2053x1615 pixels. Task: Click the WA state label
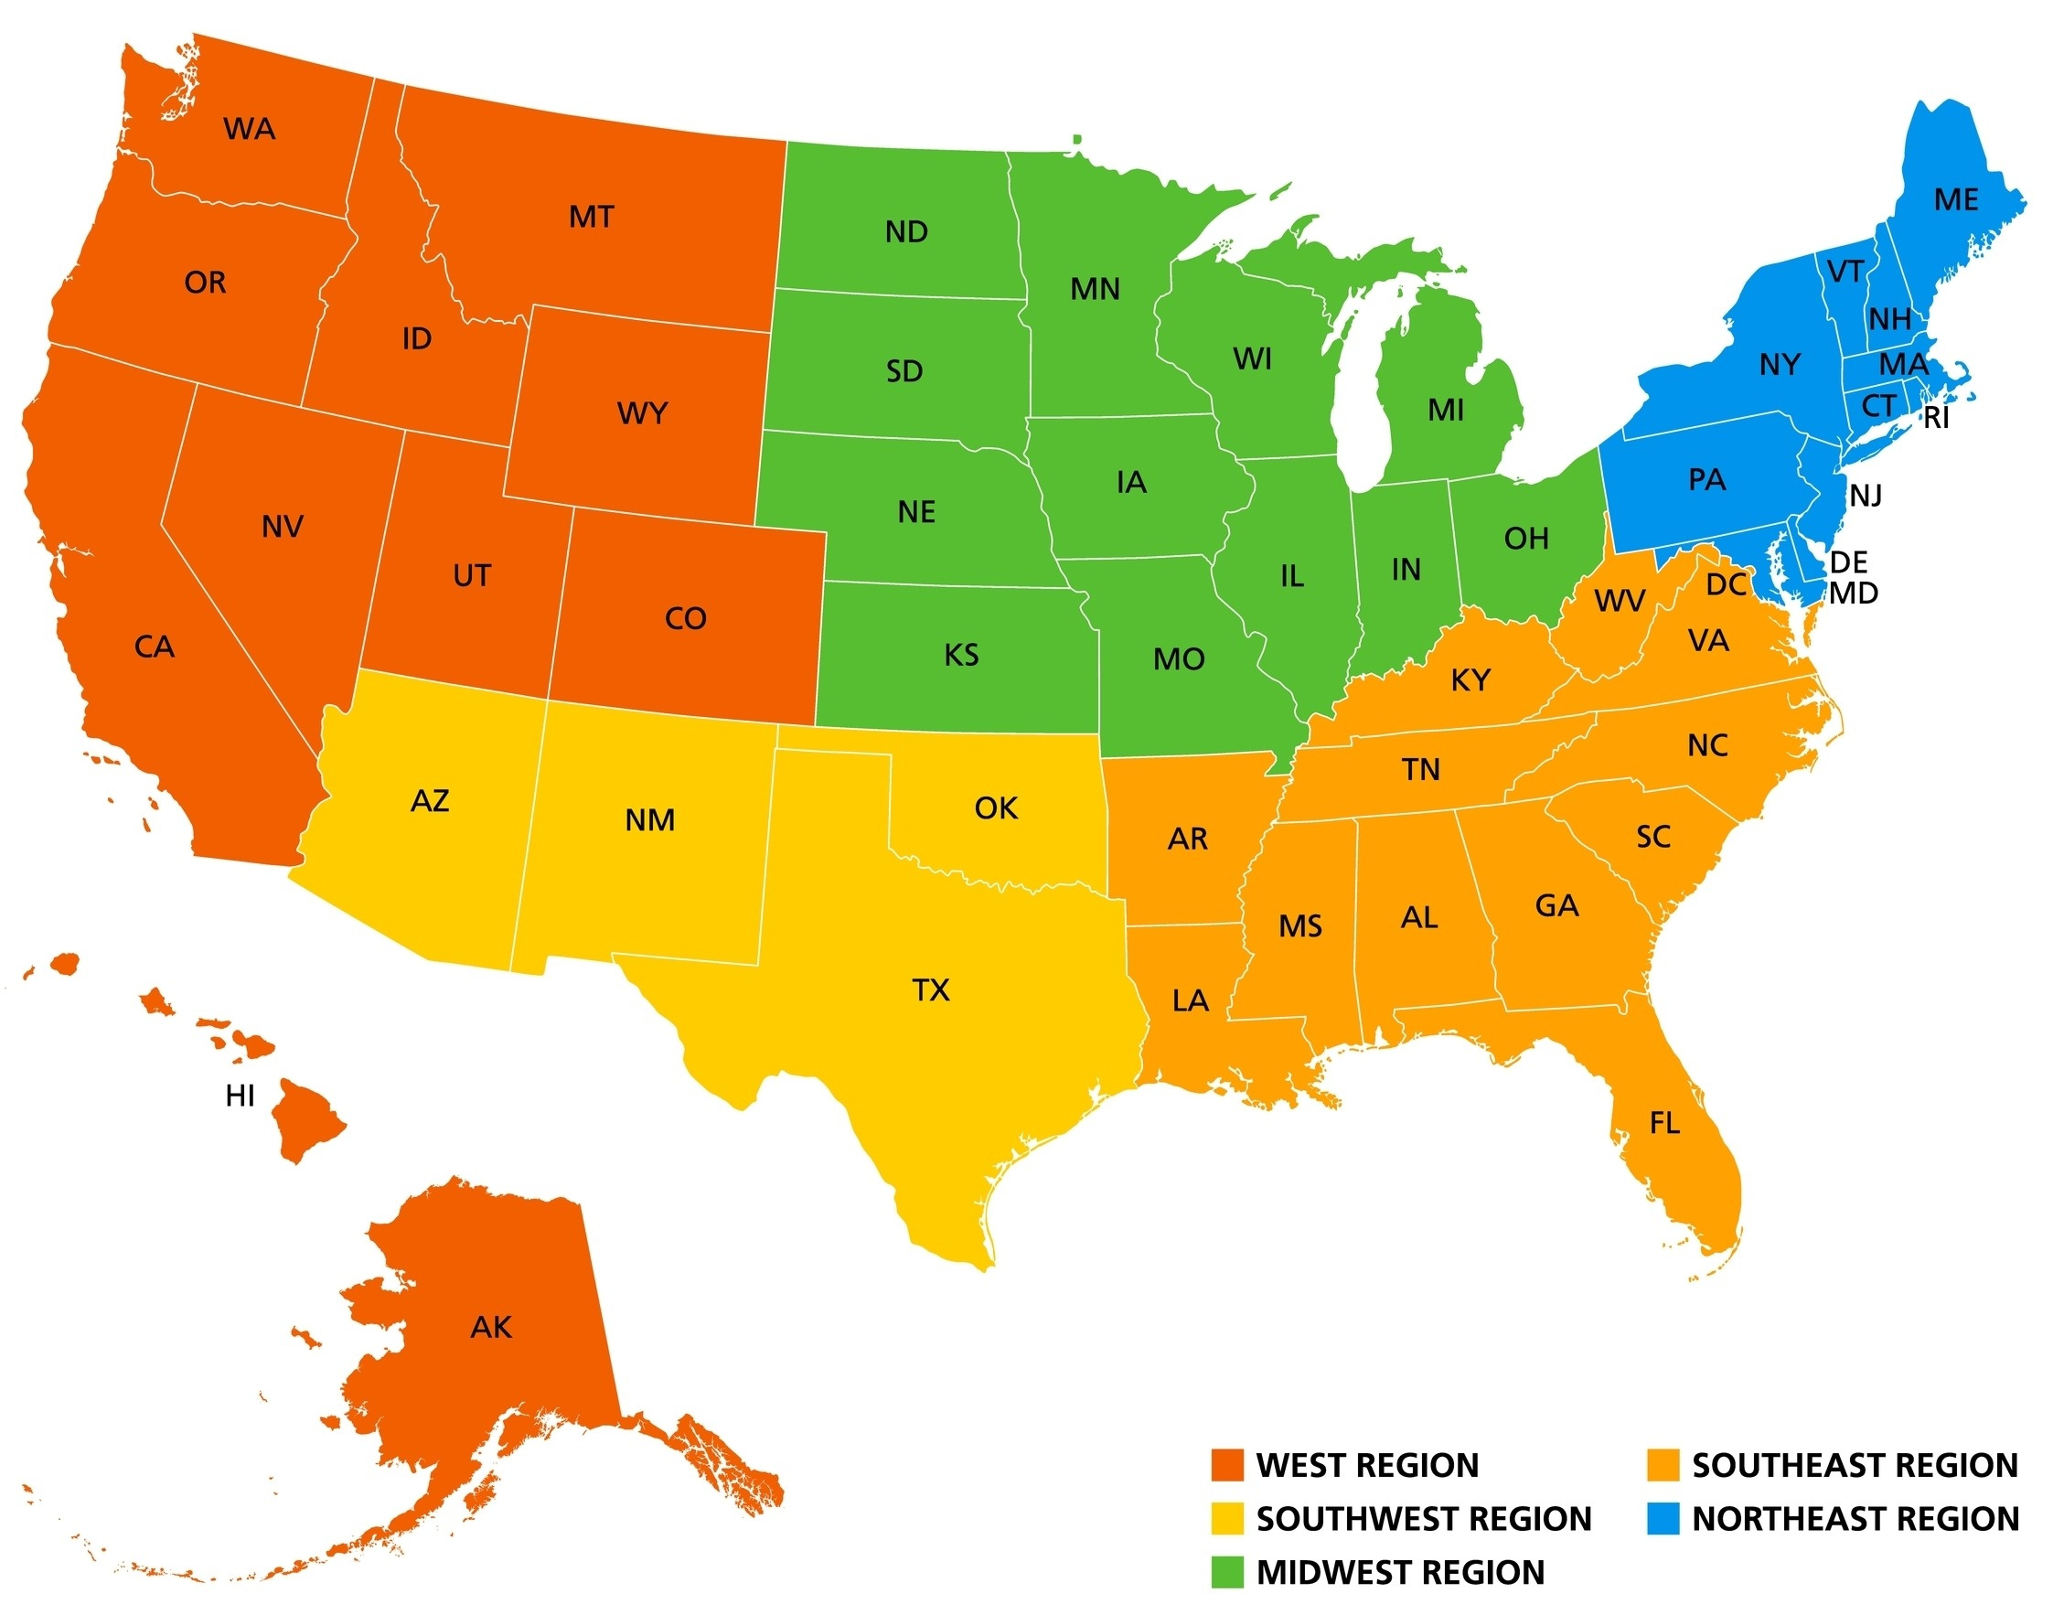(x=250, y=129)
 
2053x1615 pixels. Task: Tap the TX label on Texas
(x=931, y=990)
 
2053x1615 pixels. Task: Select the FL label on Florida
(x=1664, y=1123)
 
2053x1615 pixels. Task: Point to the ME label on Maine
(x=1955, y=199)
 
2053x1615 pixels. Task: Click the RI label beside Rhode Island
(x=1936, y=418)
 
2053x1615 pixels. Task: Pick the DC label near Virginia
(x=1726, y=584)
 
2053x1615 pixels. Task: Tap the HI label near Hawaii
(x=241, y=1096)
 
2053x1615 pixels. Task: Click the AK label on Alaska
(x=491, y=1328)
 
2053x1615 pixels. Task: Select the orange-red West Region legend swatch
(x=1227, y=1465)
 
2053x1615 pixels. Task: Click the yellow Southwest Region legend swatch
(x=1227, y=1519)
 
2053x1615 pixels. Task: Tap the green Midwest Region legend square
(x=1227, y=1571)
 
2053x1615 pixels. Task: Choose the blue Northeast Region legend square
(x=1663, y=1519)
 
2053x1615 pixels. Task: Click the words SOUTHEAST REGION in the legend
(x=1855, y=1465)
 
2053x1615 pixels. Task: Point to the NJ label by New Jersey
(x=1866, y=495)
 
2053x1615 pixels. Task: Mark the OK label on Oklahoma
(x=996, y=807)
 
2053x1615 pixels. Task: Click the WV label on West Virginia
(x=1619, y=601)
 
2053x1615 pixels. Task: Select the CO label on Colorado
(x=686, y=618)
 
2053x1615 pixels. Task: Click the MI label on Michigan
(x=1446, y=410)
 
